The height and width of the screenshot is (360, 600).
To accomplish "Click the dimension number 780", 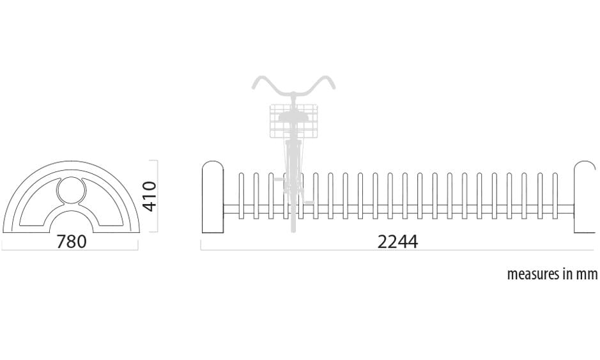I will point(72,242).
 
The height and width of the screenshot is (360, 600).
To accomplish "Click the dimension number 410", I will point(149,196).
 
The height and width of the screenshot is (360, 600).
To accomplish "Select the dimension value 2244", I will point(397,242).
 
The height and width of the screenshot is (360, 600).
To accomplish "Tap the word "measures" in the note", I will point(532,274).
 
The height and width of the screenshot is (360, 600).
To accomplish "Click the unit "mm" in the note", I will point(587,274).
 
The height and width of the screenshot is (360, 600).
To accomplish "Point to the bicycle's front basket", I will point(293,120).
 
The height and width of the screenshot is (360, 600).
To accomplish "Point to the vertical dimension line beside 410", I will point(157,196).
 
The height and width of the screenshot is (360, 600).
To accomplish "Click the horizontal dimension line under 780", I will point(70,249).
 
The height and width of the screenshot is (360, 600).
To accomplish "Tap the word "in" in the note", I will point(567,274).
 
